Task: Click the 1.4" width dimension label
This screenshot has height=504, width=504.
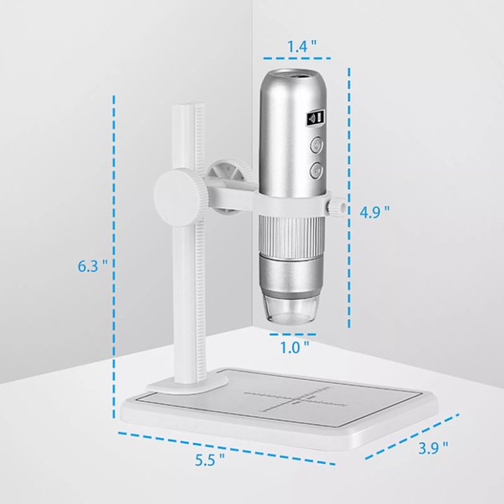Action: click(302, 46)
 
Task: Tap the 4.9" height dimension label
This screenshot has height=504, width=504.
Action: click(374, 212)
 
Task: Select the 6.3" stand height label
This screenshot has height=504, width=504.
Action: click(93, 266)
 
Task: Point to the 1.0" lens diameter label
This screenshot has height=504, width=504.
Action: click(294, 347)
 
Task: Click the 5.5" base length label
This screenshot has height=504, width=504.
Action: click(210, 460)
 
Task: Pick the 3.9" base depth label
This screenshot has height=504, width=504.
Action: click(434, 448)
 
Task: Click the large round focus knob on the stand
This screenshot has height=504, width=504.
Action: click(180, 198)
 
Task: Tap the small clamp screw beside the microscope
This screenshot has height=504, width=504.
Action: click(336, 206)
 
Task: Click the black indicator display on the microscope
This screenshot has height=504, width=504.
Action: click(316, 118)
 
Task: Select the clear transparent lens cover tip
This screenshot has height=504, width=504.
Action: click(291, 309)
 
